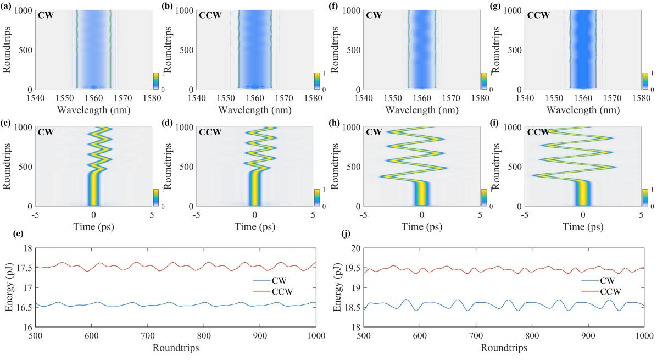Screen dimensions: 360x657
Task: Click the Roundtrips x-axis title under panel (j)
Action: [x=504, y=347]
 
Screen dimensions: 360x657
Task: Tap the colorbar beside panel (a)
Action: [x=155, y=80]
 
